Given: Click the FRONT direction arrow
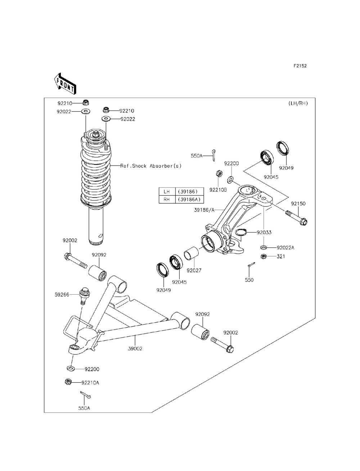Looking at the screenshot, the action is (x=65, y=84).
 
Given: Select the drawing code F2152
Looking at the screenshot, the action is (x=300, y=66).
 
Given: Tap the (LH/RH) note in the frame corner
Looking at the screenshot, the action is (x=298, y=103).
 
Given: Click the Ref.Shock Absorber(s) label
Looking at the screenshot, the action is (x=151, y=166).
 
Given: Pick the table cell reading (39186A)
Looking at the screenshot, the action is (x=189, y=199).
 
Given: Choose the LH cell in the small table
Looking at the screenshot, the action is (x=167, y=191).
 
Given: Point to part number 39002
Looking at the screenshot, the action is (x=135, y=349).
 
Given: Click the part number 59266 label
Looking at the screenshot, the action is (x=62, y=295).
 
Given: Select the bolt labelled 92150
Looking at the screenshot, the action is (x=296, y=218).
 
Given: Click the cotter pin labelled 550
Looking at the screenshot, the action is (x=251, y=264).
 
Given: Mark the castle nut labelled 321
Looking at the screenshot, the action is (x=264, y=256).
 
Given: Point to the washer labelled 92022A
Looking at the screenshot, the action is (x=264, y=248).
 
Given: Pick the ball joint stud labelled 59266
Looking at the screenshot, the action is (x=85, y=296).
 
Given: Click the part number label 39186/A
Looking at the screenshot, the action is (x=204, y=210).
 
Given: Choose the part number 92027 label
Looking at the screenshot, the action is (x=194, y=270).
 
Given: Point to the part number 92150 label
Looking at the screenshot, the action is (x=298, y=203).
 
